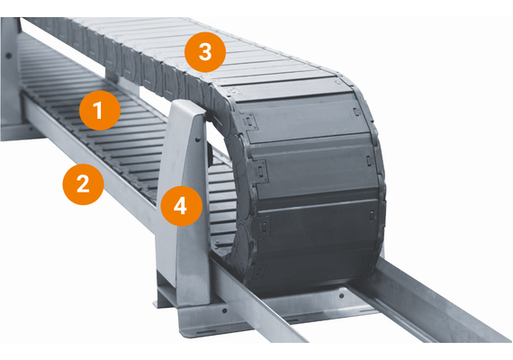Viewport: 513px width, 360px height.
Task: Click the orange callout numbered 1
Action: click(x=100, y=112)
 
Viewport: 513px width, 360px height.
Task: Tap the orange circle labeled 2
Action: click(x=83, y=184)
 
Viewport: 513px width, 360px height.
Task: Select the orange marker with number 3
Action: click(x=205, y=52)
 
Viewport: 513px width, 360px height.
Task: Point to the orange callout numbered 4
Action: click(x=180, y=206)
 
